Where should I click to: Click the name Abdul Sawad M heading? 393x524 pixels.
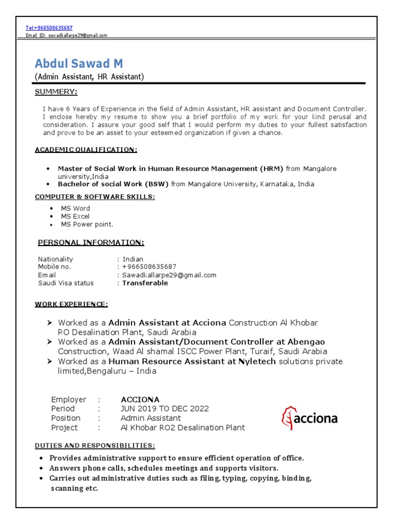click(79, 64)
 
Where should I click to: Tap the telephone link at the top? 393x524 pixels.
click(49, 28)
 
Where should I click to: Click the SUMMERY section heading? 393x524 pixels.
click(56, 92)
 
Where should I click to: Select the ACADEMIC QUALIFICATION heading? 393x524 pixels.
click(85, 150)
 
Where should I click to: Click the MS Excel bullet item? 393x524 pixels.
click(75, 216)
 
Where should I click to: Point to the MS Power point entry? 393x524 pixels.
click(87, 225)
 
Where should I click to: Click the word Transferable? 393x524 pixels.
click(145, 283)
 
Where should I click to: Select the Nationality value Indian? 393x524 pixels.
click(133, 259)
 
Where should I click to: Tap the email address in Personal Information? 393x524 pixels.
click(169, 275)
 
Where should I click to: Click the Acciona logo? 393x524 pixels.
click(309, 419)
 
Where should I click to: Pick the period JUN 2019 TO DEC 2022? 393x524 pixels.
click(165, 409)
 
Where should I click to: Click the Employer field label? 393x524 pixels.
click(69, 400)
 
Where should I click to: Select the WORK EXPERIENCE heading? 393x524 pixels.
click(71, 304)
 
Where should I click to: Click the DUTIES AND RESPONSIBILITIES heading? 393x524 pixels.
click(95, 446)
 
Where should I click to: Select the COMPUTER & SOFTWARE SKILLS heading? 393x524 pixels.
click(95, 197)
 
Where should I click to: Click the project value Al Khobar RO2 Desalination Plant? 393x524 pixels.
click(183, 428)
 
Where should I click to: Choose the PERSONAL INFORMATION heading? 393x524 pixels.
click(92, 243)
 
